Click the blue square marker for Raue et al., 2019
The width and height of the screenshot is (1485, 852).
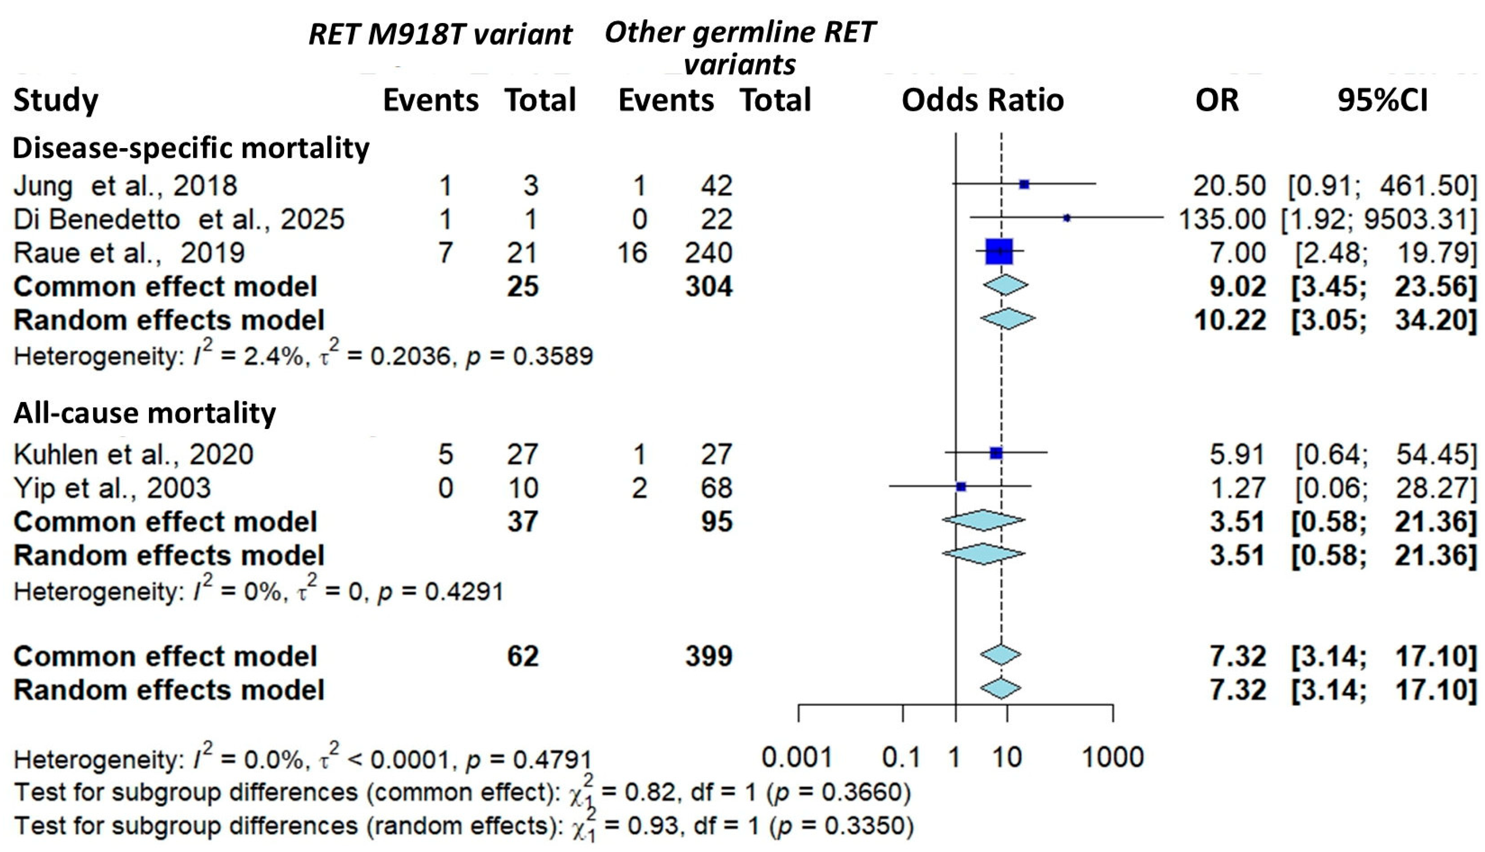pos(999,251)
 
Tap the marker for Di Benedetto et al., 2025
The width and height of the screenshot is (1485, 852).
pos(1067,218)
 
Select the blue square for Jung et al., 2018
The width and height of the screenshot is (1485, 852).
pos(1024,184)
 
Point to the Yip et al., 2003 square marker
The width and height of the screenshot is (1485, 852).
pos(961,486)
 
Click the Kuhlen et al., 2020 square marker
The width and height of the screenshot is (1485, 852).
pos(996,452)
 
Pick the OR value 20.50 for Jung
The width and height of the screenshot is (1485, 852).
pos(1229,186)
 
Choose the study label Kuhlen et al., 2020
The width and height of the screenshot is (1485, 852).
pos(134,454)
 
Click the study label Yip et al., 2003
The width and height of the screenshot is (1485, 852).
pos(112,488)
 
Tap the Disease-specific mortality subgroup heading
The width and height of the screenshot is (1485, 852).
pos(191,148)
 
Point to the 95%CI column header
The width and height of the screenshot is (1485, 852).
pos(1382,100)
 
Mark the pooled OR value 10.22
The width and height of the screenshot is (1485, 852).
pos(1230,320)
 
